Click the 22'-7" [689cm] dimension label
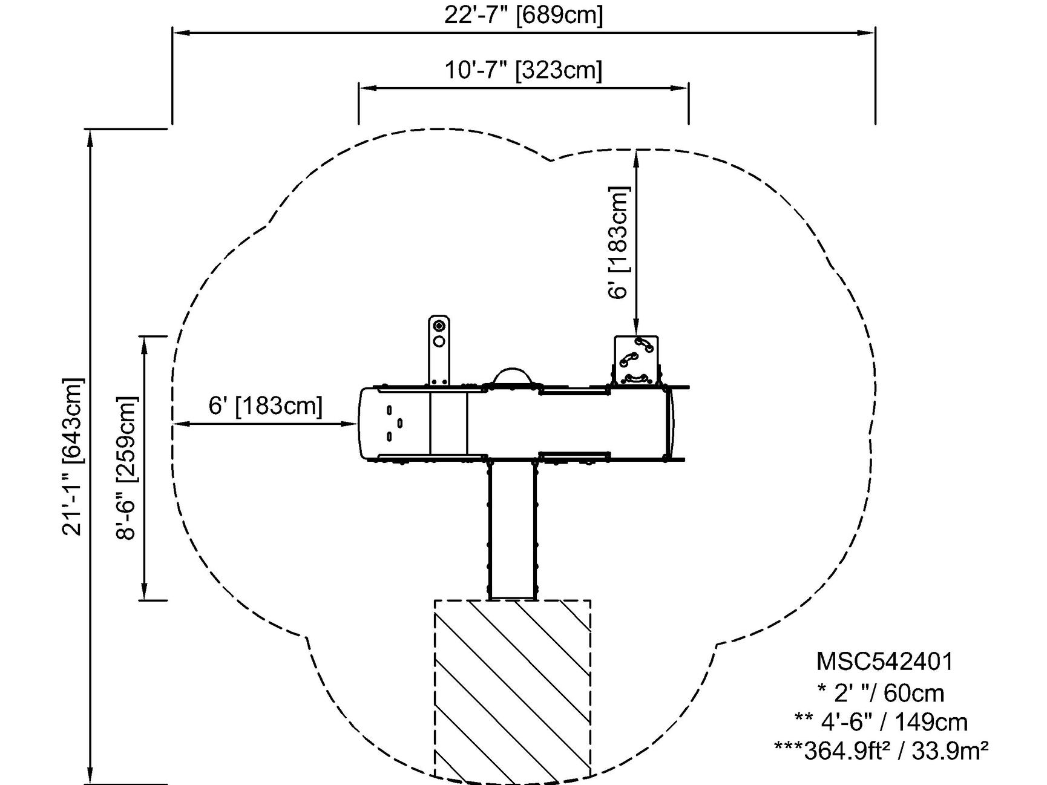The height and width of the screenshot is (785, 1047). click(523, 15)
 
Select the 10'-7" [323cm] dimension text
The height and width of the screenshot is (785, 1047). click(523, 70)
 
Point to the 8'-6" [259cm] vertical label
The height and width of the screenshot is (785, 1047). click(128, 468)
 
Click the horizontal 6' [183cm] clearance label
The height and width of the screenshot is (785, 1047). click(266, 406)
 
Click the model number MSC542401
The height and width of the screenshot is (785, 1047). click(884, 662)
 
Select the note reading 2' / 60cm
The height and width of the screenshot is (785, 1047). click(881, 692)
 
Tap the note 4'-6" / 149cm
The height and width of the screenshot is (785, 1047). click(881, 722)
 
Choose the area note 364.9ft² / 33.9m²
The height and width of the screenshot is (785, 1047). click(881, 751)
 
